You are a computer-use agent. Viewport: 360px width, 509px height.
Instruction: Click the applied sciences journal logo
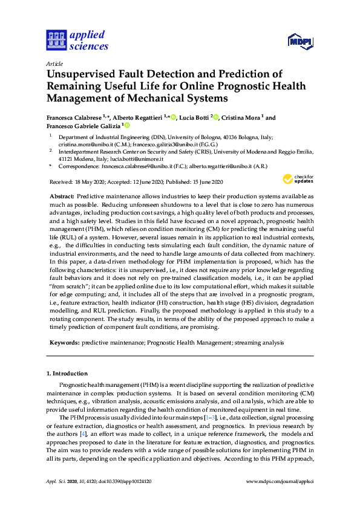pyautogui.click(x=77, y=40)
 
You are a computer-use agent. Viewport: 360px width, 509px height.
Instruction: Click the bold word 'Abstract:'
pyautogui.click(x=62, y=196)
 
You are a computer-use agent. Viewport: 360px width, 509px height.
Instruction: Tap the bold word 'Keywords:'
pyautogui.click(x=64, y=342)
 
